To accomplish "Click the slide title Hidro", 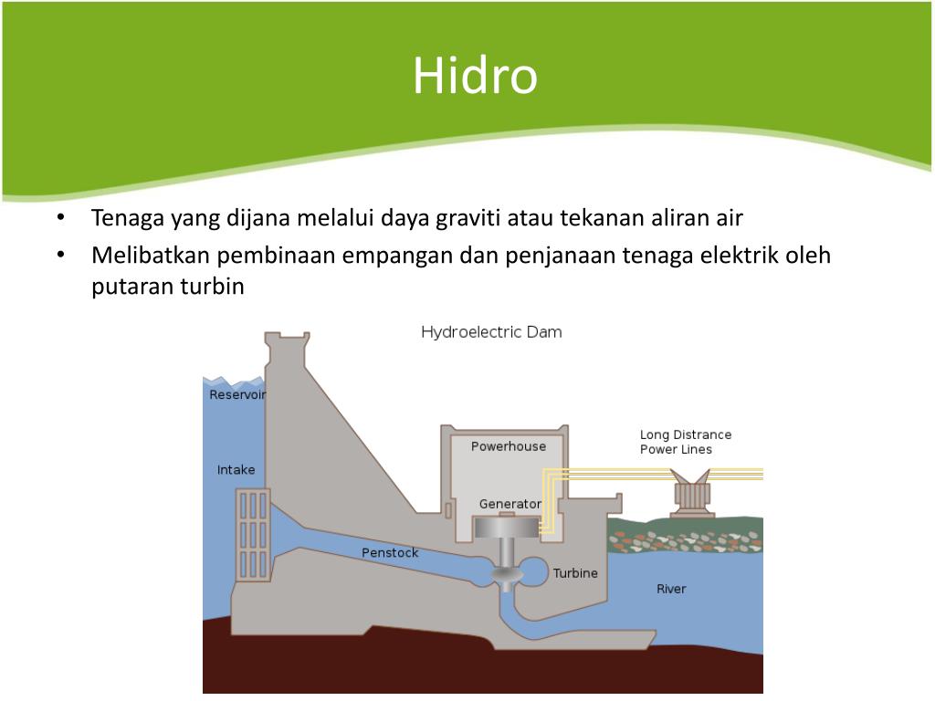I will pyautogui.click(x=474, y=77).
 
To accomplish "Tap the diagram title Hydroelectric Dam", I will pyautogui.click(x=491, y=332).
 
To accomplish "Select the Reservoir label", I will pyautogui.click(x=236, y=395).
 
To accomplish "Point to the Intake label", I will pyautogui.click(x=236, y=470).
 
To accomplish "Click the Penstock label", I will pyautogui.click(x=390, y=552).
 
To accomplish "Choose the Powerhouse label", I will pyautogui.click(x=508, y=446).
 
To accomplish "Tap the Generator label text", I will pyautogui.click(x=510, y=504).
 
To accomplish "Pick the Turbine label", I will pyautogui.click(x=575, y=573).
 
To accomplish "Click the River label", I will pyautogui.click(x=671, y=589).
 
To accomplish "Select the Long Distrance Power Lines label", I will pyautogui.click(x=685, y=442).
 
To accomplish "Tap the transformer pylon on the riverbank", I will pyautogui.click(x=691, y=494).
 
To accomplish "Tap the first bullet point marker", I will pyautogui.click(x=60, y=219).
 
